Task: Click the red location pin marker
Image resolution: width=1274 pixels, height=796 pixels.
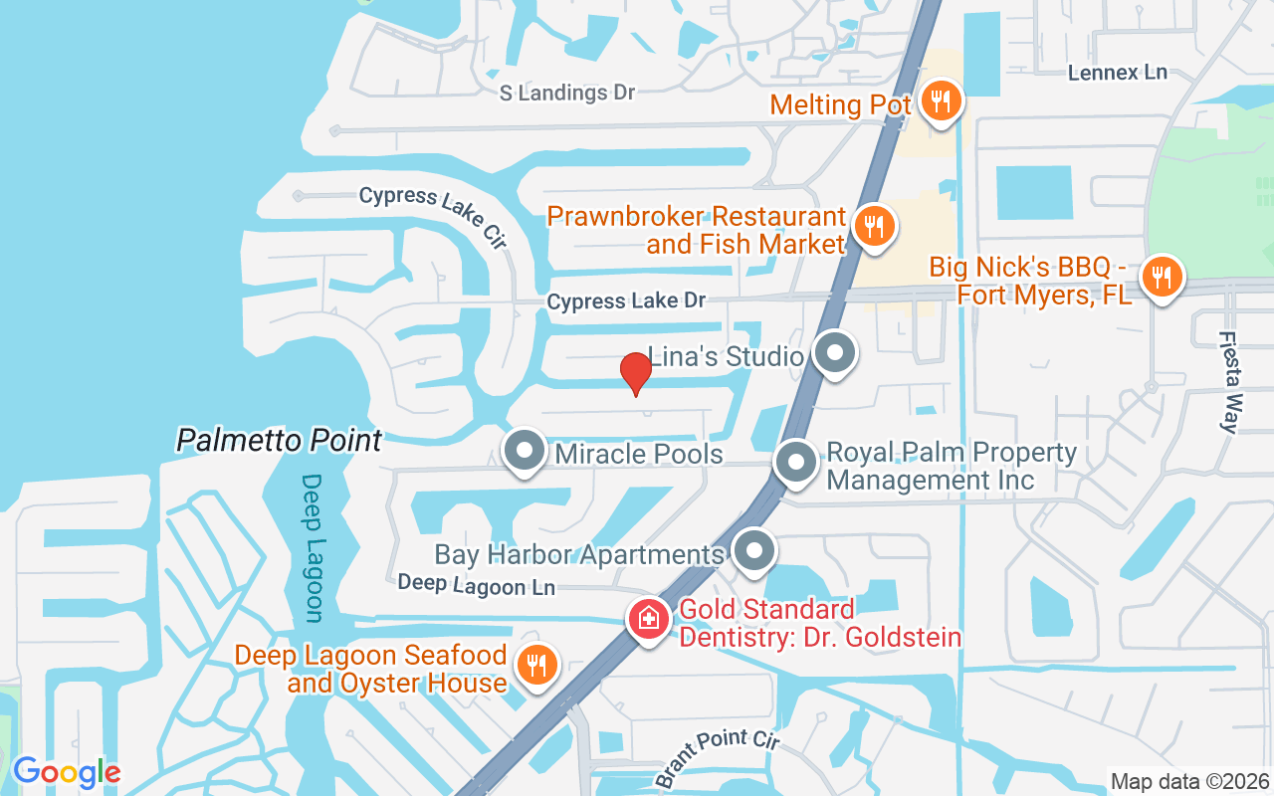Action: click(x=635, y=373)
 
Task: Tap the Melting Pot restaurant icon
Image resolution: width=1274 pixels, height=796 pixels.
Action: click(x=939, y=100)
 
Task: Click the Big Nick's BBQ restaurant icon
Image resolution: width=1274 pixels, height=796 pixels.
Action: click(x=1161, y=275)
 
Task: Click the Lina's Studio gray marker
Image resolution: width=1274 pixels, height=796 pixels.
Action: click(x=834, y=353)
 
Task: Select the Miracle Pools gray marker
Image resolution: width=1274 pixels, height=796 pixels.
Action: click(x=524, y=452)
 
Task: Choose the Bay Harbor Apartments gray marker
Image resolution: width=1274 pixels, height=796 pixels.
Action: click(x=754, y=550)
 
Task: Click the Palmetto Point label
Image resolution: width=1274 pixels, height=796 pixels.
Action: click(x=279, y=440)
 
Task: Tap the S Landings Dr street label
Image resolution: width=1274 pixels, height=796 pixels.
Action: click(x=566, y=93)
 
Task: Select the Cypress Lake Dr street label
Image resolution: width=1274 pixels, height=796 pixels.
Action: click(x=626, y=300)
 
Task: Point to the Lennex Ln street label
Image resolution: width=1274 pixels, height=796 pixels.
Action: click(x=1117, y=73)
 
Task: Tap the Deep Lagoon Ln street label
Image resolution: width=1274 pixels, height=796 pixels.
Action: click(x=476, y=585)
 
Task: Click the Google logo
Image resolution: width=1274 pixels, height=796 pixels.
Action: click(x=67, y=772)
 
